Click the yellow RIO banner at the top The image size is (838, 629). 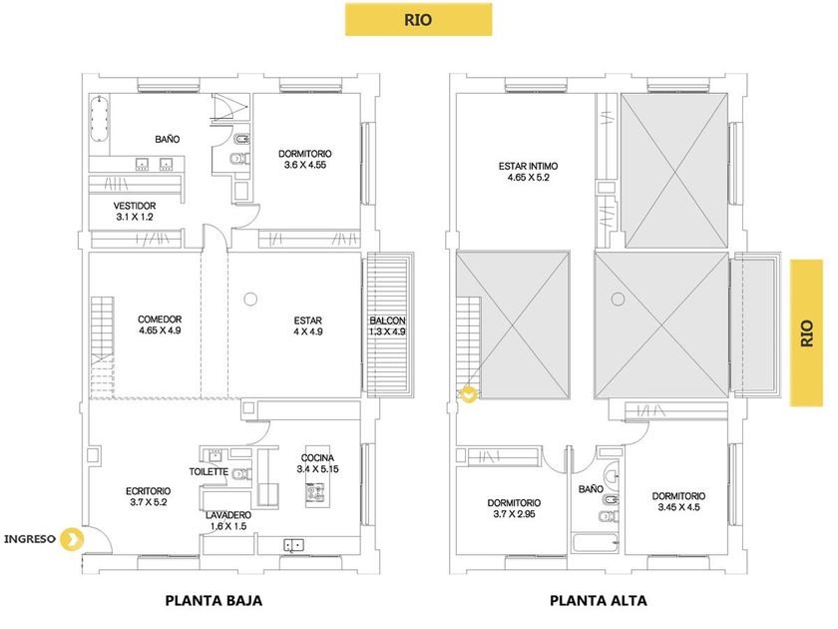click(x=418, y=19)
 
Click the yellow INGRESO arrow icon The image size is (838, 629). click(x=71, y=540)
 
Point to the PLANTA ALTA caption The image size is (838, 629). click(x=598, y=601)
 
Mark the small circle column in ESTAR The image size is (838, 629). click(x=249, y=296)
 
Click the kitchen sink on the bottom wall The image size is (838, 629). click(x=294, y=544)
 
